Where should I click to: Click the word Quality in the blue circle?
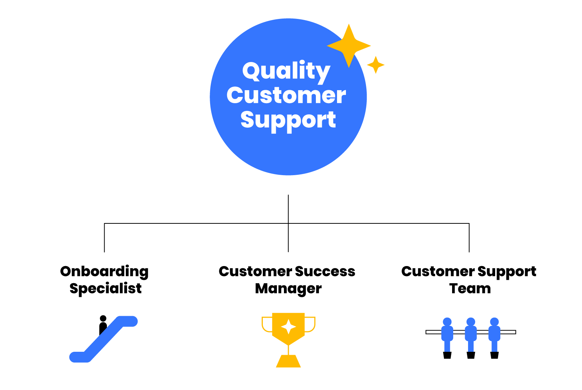286,72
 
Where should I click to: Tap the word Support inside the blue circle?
288,121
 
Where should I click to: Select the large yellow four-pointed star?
349,46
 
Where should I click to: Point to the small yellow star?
376,65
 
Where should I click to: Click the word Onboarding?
104,272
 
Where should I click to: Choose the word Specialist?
105,289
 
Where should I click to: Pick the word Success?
325,272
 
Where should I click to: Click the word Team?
470,288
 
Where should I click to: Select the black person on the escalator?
103,325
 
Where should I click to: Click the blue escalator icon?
104,339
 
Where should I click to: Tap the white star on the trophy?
288,327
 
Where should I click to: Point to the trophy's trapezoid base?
288,361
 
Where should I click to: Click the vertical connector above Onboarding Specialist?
104,238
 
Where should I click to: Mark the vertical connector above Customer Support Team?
469,238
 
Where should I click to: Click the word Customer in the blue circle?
286,96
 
